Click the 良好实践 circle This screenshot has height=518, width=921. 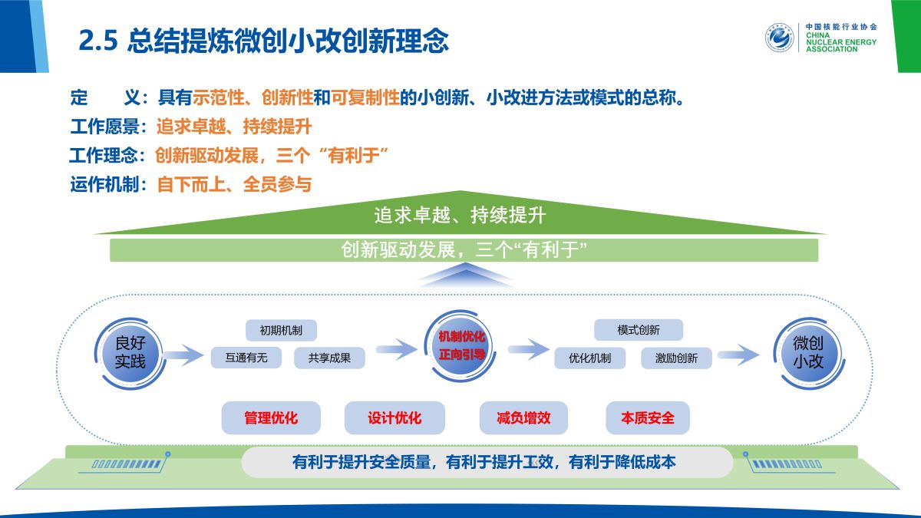130,351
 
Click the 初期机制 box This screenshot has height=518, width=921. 281,331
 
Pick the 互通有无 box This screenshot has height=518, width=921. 246,358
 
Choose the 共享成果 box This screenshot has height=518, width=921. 330,358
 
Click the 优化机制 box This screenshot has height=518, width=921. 590,358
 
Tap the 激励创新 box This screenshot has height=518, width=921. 676,358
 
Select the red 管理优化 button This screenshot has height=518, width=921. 271,418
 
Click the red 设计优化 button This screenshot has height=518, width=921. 394,418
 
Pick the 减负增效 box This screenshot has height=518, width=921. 523,418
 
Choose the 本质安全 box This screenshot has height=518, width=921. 648,418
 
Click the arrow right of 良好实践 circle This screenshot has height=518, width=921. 182,354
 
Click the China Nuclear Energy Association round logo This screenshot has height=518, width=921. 779,38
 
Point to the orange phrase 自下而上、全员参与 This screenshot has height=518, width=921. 234,184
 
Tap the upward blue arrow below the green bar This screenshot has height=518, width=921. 460,275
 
